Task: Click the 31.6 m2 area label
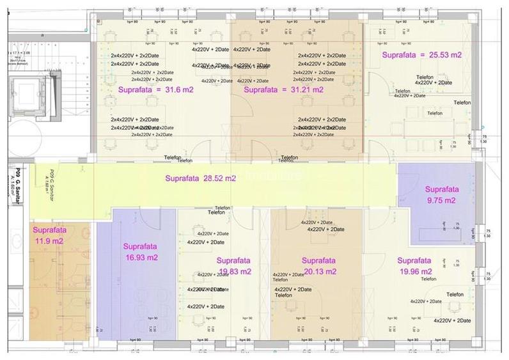[x=155, y=90]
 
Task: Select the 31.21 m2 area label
[x=284, y=90]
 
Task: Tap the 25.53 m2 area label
[x=421, y=55]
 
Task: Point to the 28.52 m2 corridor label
[x=200, y=178]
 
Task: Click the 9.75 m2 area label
[x=442, y=195]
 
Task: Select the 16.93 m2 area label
[x=141, y=251]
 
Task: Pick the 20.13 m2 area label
[x=318, y=266]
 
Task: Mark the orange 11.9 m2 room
[x=58, y=288]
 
